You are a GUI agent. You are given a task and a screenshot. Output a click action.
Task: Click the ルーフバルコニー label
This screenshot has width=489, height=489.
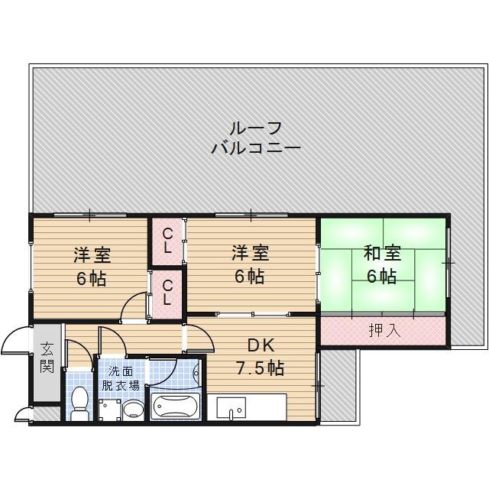coord(255,138)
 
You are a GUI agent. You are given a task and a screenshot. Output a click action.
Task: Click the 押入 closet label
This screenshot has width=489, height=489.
coord(382,331)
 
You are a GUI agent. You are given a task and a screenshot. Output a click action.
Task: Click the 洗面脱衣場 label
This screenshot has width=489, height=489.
coord(122,378)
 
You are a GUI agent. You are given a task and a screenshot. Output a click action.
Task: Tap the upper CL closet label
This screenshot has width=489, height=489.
coord(167,240)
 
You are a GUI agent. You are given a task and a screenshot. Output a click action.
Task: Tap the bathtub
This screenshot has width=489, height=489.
coord(175,405)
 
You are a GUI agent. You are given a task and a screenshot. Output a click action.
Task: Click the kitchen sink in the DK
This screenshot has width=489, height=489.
coord(228,407)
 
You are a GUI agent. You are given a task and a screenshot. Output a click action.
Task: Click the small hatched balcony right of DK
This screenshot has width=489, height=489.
coord(338,385)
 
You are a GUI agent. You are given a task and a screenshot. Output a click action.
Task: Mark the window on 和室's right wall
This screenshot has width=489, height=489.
coord(449,262)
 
